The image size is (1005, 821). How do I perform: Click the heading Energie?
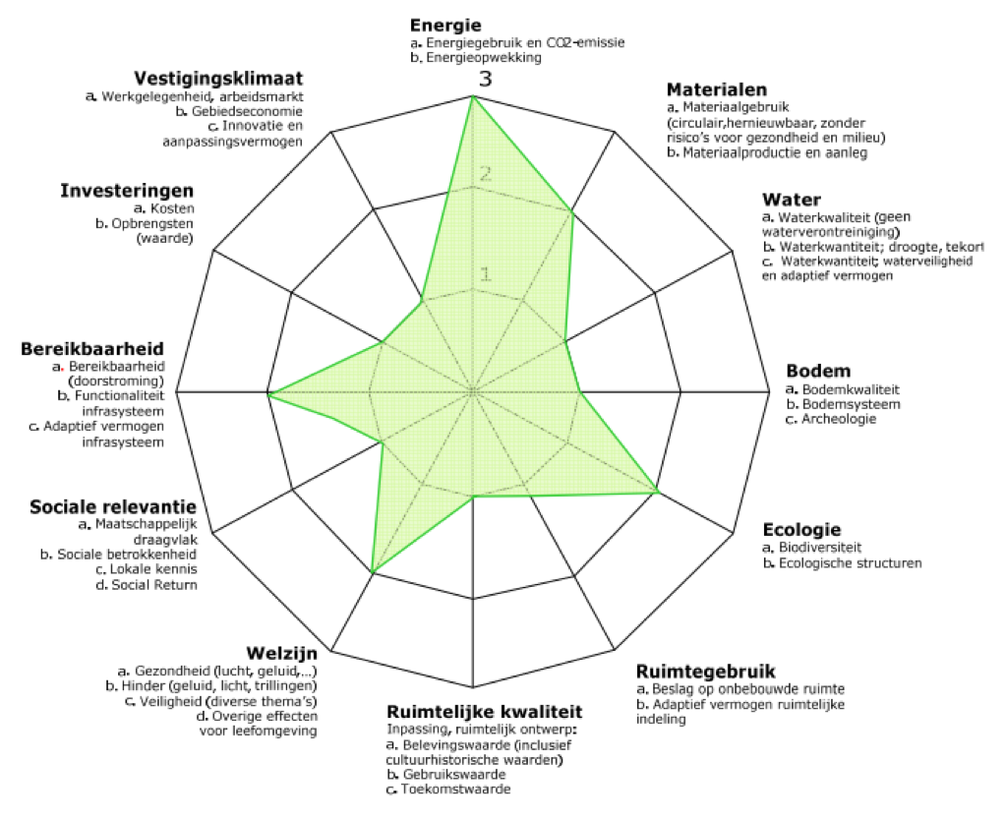[445, 26]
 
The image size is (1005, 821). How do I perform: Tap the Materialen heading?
[717, 89]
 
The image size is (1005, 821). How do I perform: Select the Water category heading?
[792, 200]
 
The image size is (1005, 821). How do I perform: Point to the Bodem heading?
[818, 371]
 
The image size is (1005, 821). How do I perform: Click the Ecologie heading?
[801, 530]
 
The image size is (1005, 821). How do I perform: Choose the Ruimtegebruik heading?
[706, 672]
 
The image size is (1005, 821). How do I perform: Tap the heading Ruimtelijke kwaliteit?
[485, 712]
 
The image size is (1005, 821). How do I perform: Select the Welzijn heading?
[282, 654]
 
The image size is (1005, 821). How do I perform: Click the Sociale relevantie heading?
[113, 507]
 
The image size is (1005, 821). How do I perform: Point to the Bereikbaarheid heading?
[92, 349]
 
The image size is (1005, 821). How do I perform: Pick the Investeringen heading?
[127, 191]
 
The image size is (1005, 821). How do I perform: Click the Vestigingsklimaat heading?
[218, 79]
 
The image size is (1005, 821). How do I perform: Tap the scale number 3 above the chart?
[485, 79]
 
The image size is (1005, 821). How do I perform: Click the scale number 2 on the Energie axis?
[485, 174]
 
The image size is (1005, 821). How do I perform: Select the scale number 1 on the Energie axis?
[485, 274]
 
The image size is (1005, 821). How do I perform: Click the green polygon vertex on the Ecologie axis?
[658, 493]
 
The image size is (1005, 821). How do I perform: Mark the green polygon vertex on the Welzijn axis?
[373, 570]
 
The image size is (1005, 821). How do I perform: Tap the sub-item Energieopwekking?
[484, 58]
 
